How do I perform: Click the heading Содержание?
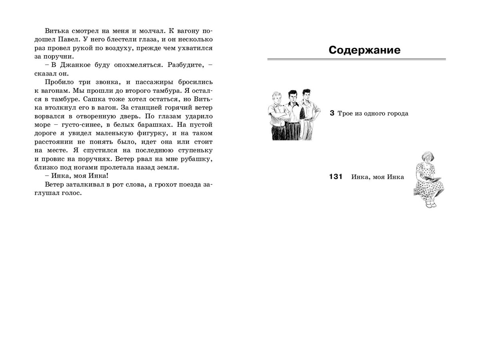click(x=364, y=50)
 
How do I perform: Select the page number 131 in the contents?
click(x=336, y=177)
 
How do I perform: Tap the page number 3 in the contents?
click(x=332, y=113)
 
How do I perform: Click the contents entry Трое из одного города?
click(x=373, y=114)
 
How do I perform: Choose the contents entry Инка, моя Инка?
click(x=378, y=177)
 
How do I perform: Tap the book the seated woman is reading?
click(x=434, y=178)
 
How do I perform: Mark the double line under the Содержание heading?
click(x=356, y=60)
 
